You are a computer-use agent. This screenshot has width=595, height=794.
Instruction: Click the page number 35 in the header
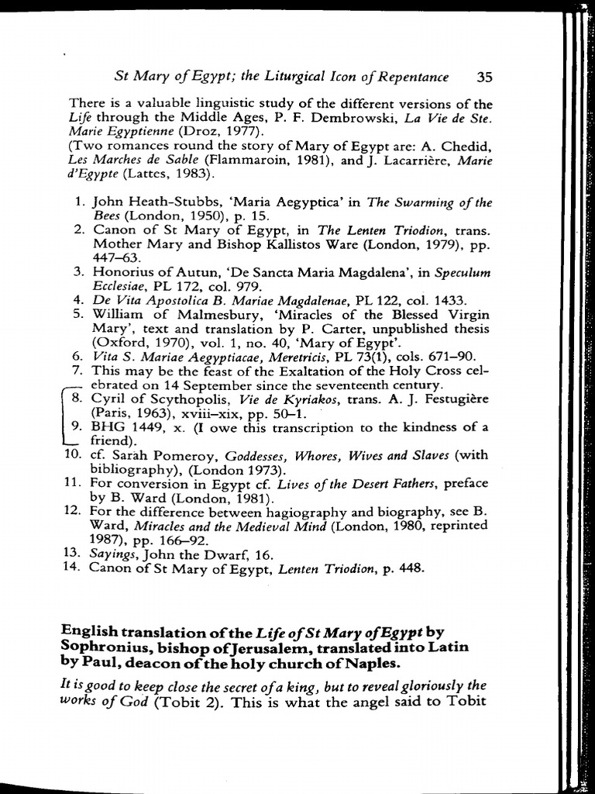click(485, 77)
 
